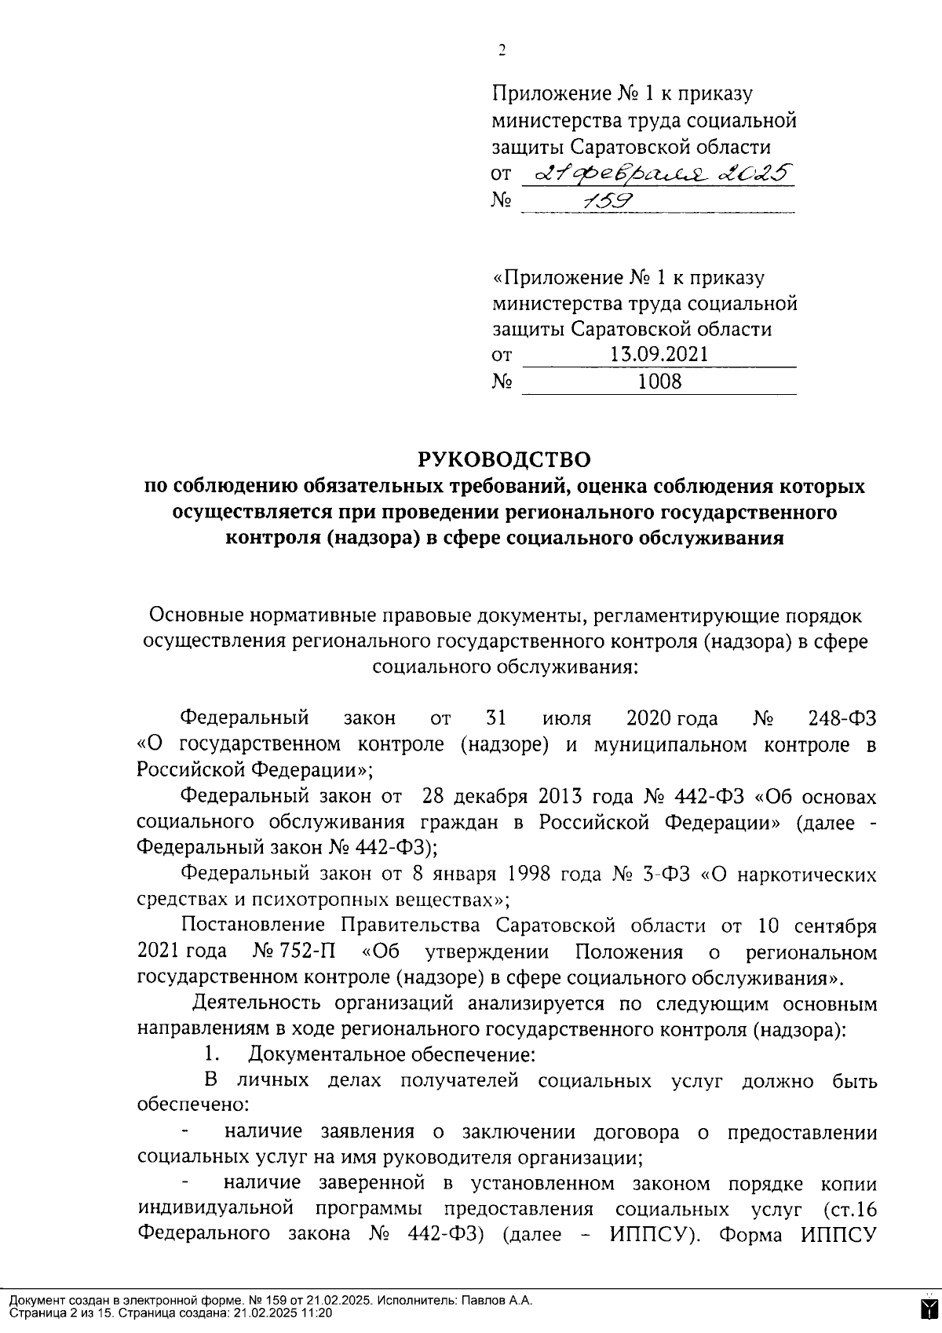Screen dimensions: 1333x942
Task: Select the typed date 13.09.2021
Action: pos(659,354)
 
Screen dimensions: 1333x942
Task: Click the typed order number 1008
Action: pos(659,382)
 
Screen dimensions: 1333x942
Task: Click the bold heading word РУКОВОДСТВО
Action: pos(502,458)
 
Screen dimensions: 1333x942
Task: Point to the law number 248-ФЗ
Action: pos(842,718)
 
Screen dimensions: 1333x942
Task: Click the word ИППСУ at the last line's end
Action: pos(838,1233)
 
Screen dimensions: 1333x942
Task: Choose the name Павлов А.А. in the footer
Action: pos(495,1300)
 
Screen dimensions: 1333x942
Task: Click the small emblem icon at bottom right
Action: pos(927,1309)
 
